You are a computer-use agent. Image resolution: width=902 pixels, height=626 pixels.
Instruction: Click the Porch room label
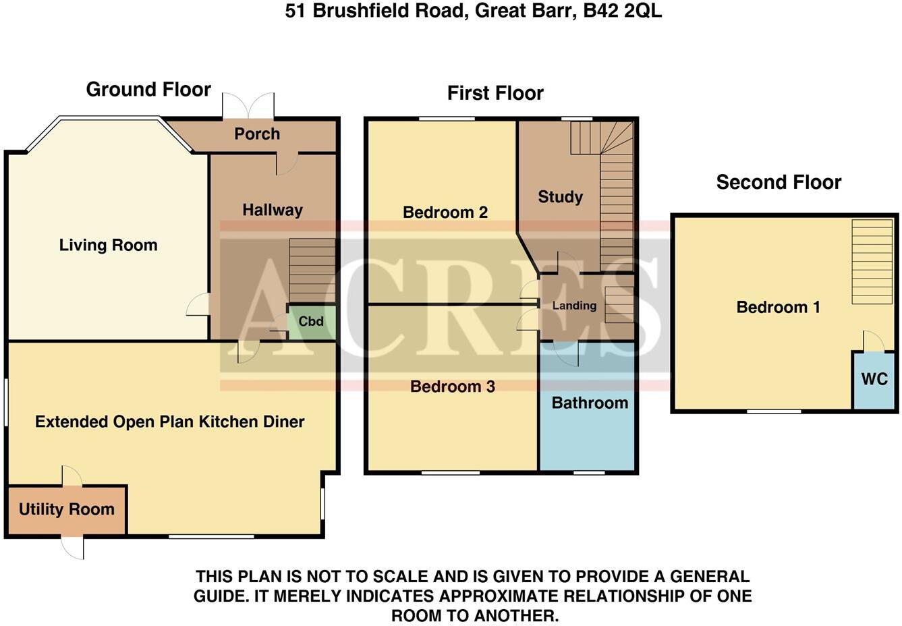257,134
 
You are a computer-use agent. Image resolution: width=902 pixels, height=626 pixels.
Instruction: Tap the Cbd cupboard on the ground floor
311,321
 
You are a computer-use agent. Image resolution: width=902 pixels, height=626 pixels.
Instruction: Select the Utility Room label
67,509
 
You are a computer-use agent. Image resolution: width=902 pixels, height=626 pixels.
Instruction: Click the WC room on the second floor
874,379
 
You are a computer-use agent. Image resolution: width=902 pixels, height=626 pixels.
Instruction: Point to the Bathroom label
590,403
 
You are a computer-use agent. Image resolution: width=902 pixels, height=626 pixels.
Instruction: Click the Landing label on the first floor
574,306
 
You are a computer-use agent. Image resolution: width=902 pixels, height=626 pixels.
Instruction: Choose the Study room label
560,197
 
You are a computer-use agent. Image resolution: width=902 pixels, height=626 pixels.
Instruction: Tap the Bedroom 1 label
778,308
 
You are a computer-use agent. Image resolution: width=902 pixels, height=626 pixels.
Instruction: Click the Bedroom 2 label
445,212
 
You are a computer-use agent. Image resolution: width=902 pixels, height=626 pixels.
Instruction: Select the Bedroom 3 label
453,387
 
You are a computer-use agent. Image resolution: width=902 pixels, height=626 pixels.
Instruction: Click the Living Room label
108,245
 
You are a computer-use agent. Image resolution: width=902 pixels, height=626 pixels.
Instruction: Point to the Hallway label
273,210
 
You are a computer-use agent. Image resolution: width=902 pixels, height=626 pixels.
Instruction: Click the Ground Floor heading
148,90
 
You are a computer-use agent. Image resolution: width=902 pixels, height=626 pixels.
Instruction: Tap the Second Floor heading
779,182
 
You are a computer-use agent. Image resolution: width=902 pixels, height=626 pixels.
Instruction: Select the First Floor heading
495,93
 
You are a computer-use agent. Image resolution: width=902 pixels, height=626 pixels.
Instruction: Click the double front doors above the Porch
249,106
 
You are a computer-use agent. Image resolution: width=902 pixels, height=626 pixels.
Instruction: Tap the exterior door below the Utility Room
73,546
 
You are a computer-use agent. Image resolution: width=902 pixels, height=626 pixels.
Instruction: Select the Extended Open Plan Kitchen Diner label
170,422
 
